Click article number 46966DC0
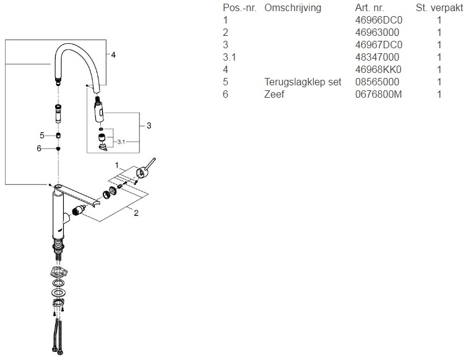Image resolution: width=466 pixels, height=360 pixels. (x=379, y=20)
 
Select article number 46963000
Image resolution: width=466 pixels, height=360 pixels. (x=376, y=33)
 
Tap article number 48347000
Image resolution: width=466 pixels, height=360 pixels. (x=376, y=57)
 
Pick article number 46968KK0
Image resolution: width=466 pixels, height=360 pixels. (x=379, y=69)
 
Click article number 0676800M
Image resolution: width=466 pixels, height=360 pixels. (x=379, y=94)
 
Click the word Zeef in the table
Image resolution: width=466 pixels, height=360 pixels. (x=274, y=94)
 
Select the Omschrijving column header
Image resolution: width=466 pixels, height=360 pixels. (x=294, y=8)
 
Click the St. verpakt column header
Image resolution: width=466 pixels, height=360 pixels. (x=439, y=8)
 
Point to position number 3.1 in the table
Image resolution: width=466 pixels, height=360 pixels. (x=230, y=57)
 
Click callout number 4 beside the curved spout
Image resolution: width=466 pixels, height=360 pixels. (x=113, y=54)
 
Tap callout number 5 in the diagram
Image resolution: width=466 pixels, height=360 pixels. (x=42, y=135)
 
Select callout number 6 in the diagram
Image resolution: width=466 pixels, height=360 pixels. (x=38, y=148)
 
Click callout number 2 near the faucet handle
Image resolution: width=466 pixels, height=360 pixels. (x=136, y=213)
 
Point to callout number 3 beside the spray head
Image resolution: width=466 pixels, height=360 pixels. (x=149, y=126)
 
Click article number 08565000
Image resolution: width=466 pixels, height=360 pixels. (x=376, y=82)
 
